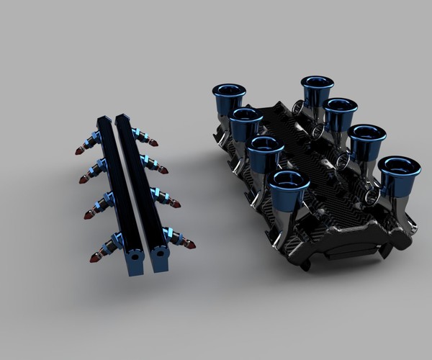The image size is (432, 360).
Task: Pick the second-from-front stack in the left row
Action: coord(266,146)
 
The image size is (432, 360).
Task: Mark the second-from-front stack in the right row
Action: coord(366,135)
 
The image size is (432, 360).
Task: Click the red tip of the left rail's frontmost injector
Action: coord(94,257)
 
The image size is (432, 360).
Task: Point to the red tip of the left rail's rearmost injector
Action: coord(78,151)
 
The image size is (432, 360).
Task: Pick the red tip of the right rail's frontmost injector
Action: coord(190,245)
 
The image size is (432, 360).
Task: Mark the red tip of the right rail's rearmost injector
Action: coord(154,143)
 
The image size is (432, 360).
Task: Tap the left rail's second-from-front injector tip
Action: coord(88,215)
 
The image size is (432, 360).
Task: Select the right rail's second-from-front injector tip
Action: coord(176,204)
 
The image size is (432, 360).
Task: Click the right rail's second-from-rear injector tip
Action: coord(164,171)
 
